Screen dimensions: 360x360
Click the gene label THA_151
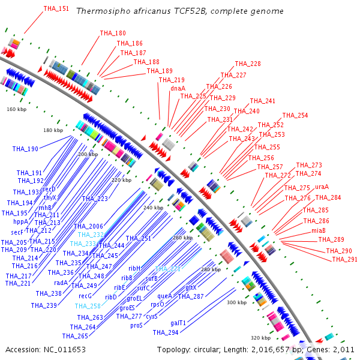click(56, 9)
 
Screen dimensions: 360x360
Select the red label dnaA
click(178, 88)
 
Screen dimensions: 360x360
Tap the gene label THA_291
click(344, 259)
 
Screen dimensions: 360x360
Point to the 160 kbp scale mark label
click(17, 109)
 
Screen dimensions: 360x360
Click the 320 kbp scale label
click(260, 338)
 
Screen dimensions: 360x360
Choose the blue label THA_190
click(25, 149)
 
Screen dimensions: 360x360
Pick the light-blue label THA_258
click(88, 306)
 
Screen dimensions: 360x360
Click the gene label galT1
click(178, 323)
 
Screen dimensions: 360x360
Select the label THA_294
click(165, 332)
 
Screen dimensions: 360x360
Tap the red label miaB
click(318, 230)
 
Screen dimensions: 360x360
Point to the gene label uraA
click(322, 187)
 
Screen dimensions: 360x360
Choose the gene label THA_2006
click(88, 226)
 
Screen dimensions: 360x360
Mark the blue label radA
click(61, 283)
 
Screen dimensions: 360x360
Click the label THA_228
click(248, 64)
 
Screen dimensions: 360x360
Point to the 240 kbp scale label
click(153, 208)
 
